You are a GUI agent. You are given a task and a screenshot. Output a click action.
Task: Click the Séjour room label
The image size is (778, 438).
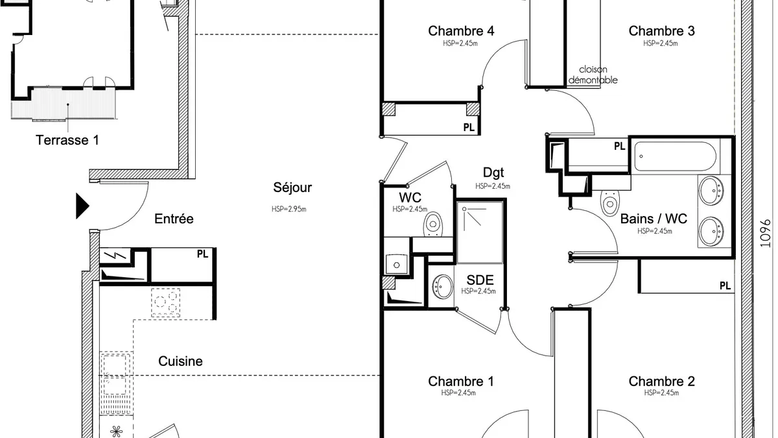[292, 188]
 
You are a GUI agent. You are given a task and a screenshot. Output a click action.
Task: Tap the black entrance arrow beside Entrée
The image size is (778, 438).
[82, 206]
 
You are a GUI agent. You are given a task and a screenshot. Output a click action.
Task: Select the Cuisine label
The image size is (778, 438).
[180, 361]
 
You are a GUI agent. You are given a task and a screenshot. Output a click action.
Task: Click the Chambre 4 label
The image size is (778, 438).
[461, 31]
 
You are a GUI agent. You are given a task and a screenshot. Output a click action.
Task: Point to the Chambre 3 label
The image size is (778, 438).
[661, 31]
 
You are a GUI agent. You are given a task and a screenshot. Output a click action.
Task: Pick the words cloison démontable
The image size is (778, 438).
[593, 75]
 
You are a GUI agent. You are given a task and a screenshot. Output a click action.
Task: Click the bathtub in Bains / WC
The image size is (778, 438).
[675, 156]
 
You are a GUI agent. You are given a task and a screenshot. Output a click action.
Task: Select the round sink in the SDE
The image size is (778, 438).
[442, 286]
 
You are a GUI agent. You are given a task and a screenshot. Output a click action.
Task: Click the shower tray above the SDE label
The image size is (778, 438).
[480, 232]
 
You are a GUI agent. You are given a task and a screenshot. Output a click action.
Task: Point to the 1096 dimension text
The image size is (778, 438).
[765, 233]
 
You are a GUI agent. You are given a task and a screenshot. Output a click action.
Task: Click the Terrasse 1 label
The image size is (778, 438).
[67, 140]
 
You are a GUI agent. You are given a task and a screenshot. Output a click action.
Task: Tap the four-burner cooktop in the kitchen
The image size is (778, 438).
[165, 302]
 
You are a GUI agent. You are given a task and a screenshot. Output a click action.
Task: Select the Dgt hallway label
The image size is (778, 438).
[493, 173]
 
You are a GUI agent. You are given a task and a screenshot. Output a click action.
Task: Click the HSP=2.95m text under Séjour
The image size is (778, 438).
[289, 209]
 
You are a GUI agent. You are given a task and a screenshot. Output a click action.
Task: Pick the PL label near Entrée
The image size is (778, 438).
[202, 254]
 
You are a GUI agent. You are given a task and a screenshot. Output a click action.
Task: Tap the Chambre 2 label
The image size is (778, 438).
[661, 382]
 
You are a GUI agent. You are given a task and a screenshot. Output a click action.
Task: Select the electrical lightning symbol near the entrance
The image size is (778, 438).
[115, 256]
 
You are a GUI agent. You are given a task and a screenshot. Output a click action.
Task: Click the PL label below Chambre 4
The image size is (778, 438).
[469, 128]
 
